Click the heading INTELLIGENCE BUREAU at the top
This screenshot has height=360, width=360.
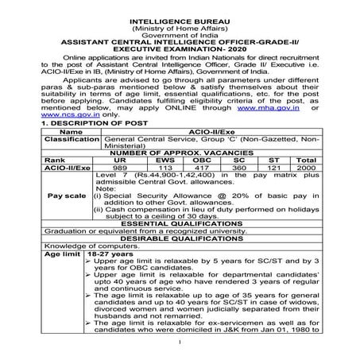(179, 13)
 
